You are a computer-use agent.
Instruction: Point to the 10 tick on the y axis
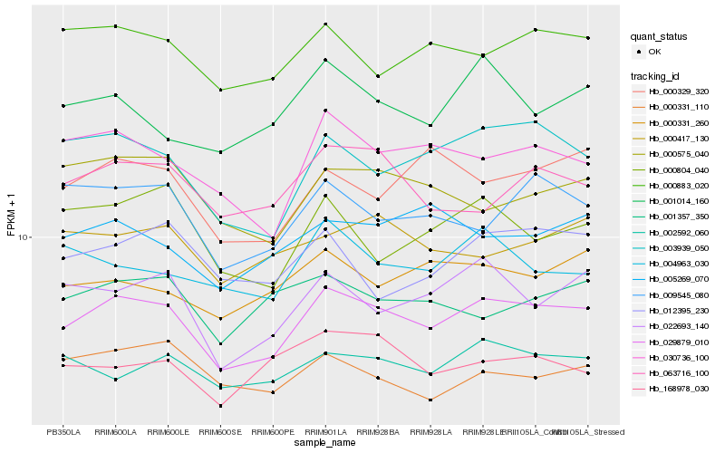point(24,237)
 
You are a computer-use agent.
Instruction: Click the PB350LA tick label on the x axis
point(63,431)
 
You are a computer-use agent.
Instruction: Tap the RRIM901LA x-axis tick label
point(325,431)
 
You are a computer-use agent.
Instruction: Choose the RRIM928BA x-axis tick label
point(378,431)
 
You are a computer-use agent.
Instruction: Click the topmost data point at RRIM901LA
point(325,24)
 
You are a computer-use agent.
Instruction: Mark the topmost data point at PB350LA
point(63,30)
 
